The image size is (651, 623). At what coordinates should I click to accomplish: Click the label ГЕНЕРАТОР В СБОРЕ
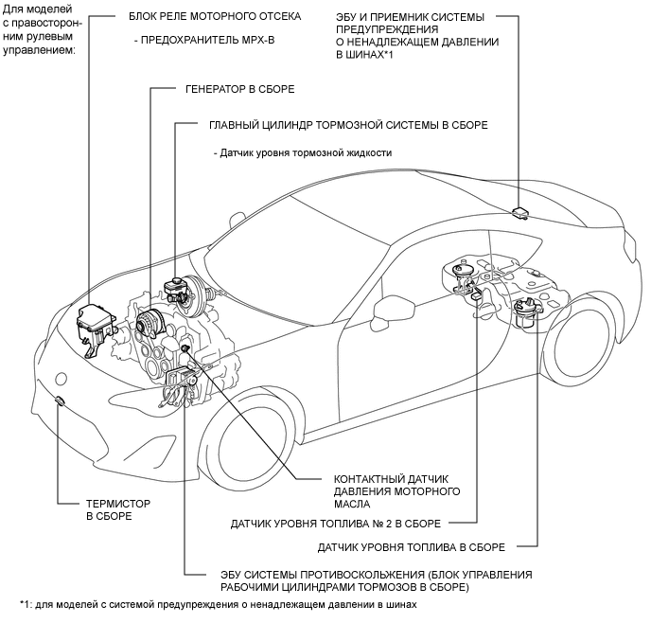point(240,89)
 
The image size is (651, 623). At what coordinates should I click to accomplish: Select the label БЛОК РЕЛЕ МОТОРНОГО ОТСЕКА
point(215,17)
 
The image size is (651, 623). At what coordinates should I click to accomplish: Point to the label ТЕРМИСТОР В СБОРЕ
point(118,510)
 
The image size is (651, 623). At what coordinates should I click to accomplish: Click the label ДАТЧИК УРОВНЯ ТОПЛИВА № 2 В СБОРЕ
point(336,524)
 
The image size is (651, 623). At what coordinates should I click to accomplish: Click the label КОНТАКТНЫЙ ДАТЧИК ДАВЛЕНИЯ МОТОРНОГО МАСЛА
point(396,491)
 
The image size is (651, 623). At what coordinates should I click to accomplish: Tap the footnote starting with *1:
point(218,604)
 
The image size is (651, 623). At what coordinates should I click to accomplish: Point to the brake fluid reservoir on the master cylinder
point(176,288)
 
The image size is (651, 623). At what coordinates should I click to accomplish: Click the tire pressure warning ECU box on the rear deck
point(519,213)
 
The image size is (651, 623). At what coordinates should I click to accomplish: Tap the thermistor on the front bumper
point(60,400)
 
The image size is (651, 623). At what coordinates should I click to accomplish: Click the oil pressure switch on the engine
point(185,348)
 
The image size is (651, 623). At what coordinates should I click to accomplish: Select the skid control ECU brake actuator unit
point(180,385)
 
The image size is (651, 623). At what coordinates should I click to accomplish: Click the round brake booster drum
point(194,296)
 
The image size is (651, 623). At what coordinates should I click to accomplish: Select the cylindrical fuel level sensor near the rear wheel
point(527,314)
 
